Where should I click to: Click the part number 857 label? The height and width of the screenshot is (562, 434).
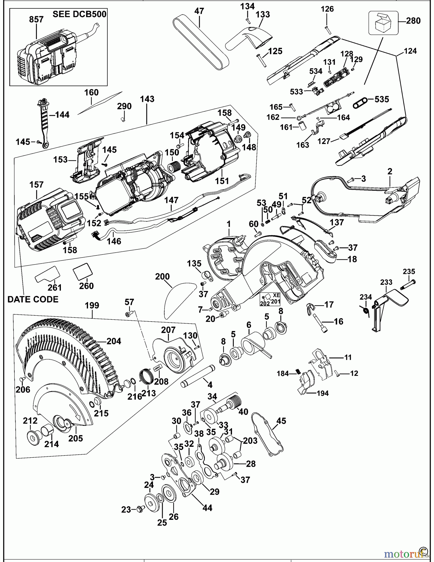point(36,20)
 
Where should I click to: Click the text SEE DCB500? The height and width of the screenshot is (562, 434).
point(79,14)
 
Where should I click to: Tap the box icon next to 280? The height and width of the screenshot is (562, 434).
point(383,23)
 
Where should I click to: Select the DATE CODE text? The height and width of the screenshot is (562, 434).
point(33,299)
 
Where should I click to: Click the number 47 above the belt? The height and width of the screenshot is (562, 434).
point(199,11)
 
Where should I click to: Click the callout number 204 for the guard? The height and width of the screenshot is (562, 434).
point(114,341)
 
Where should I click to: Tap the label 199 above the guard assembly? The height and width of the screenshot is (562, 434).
point(92,305)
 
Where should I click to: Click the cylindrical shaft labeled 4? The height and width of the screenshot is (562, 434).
point(197,375)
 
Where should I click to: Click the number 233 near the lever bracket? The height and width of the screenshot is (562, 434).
point(386,282)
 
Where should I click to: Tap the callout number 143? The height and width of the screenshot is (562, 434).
point(147,99)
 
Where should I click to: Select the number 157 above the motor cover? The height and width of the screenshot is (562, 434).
point(36,185)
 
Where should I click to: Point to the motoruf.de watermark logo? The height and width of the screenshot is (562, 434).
point(402,554)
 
